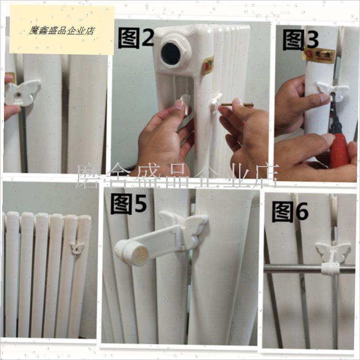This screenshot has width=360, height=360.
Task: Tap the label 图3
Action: [300, 39]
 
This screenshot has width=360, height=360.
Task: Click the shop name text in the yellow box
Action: [62, 31]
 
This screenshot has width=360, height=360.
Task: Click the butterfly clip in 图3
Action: [333, 91]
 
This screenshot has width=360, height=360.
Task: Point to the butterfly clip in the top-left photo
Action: [22, 92]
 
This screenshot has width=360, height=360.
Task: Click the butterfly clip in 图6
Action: [332, 252]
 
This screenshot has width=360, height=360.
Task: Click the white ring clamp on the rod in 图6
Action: [330, 268]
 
